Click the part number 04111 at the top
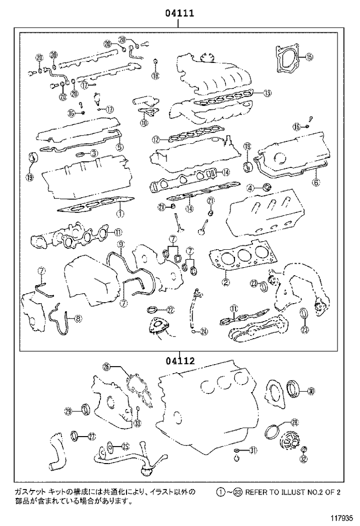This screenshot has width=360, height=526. point(180,13)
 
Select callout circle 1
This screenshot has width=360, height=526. point(120,214)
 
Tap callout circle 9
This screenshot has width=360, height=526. point(120,244)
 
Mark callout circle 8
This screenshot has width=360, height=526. point(78,317)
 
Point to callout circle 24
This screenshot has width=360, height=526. point(203,331)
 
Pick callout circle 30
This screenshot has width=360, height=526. point(310,391)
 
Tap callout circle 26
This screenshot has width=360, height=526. point(106,368)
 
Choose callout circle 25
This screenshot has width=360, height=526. point(125,446)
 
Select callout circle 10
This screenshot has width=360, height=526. point(144,122)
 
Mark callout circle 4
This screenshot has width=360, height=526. point(251,188)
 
